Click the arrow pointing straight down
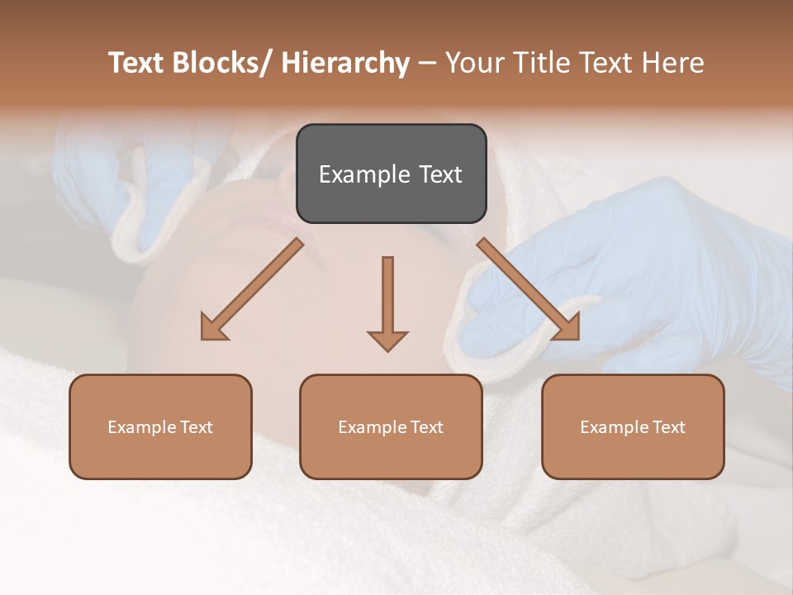coord(387,302)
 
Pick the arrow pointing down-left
coord(253,289)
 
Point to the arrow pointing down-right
coord(529,289)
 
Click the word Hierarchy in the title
coord(345,63)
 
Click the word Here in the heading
coord(674,63)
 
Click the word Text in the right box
coord(668,427)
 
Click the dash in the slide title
coord(427,63)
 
